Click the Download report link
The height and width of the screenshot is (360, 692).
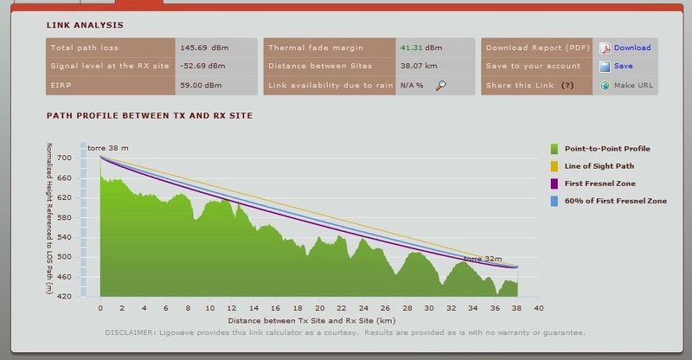631,48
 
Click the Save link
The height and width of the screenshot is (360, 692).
623,66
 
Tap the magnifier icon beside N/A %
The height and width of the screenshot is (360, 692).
441,85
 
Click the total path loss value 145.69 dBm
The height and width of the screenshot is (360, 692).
202,48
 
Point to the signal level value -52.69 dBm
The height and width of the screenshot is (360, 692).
203,66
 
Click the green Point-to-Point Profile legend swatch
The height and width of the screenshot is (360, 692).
554,149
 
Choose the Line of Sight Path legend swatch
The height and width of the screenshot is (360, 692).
554,166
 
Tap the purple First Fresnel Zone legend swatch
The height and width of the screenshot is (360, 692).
554,183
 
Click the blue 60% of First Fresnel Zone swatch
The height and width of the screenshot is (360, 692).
554,201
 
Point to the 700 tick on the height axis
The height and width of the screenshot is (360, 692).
66,158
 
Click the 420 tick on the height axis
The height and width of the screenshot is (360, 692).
66,296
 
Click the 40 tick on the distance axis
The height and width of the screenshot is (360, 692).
538,307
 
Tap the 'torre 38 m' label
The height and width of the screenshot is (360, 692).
108,149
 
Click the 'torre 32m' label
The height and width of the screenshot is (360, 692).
482,259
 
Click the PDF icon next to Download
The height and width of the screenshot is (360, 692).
605,48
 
